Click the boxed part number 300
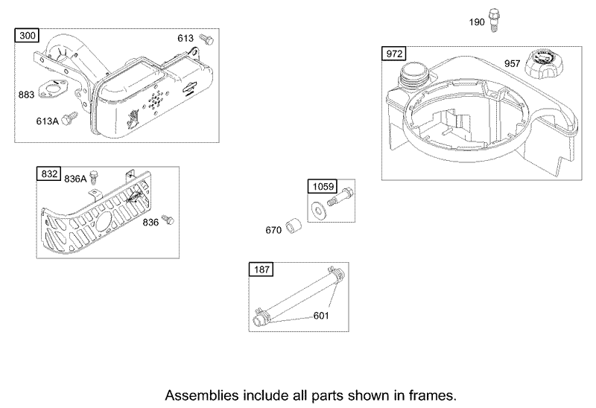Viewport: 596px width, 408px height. (26, 36)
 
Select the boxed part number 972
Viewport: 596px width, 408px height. (393, 53)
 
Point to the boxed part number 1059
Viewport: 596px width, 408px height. (321, 185)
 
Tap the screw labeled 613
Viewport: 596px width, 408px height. (208, 39)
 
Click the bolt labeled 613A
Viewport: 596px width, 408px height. (72, 118)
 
